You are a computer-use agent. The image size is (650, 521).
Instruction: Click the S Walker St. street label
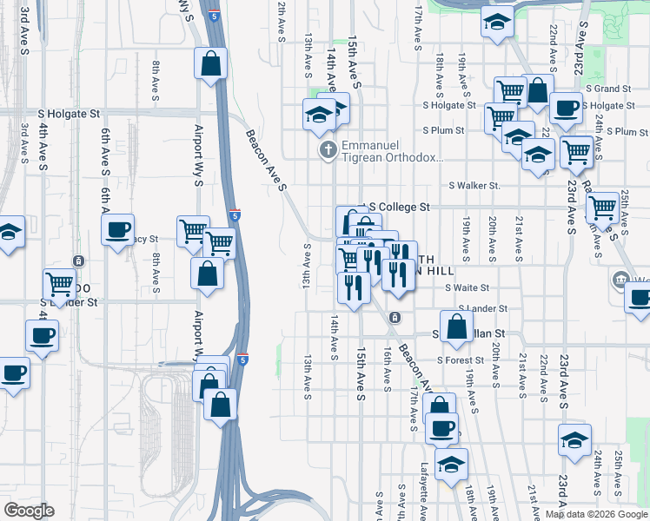coord(474,186)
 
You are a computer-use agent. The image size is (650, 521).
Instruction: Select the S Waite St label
coord(468,287)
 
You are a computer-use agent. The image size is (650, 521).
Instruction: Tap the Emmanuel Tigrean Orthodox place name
coord(393,151)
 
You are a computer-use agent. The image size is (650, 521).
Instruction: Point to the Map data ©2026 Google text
coord(596,514)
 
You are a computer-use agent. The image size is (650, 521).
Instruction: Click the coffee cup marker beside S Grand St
coord(566,109)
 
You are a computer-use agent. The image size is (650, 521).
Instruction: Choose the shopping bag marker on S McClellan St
coord(457,326)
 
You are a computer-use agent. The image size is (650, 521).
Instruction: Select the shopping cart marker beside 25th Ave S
coord(601,208)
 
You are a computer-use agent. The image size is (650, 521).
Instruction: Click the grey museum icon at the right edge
coord(620,280)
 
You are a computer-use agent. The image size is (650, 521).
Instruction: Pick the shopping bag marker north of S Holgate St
coord(210,63)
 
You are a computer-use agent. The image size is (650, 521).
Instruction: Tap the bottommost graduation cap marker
coord(451,465)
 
